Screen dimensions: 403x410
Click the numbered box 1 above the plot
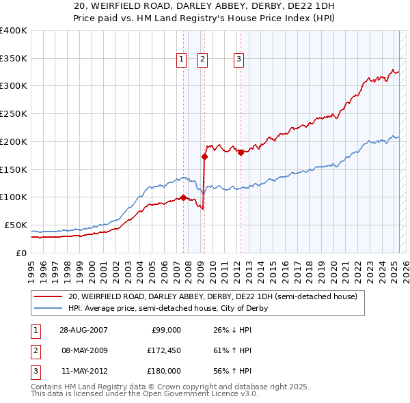pyautogui.click(x=182, y=59)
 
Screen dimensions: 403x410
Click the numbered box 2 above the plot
pyautogui.click(x=203, y=59)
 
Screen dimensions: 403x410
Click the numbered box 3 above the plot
pyautogui.click(x=239, y=59)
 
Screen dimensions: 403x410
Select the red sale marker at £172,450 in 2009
pyautogui.click(x=204, y=156)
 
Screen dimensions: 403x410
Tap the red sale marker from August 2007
pyautogui.click(x=183, y=198)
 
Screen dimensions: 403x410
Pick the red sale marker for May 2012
pyautogui.click(x=241, y=152)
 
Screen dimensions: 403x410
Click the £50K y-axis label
pyautogui.click(x=16, y=225)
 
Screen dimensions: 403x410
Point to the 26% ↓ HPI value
pyautogui.click(x=233, y=330)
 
